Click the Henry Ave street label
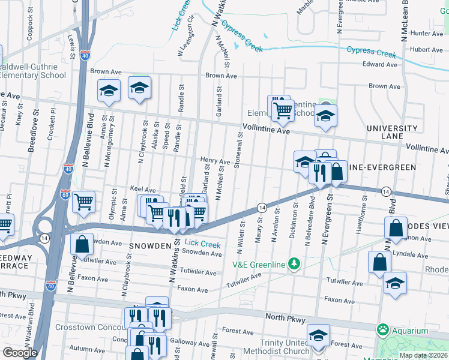tap(215, 161)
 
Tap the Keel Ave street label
tap(143, 189)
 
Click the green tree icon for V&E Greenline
tap(294, 263)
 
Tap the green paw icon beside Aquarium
tap(382, 330)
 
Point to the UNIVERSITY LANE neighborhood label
tap(392, 132)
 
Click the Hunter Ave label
tap(427, 34)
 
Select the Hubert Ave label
tap(427, 50)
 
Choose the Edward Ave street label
tap(380, 64)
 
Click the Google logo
tap(20, 352)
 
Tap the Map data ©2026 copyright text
tap(423, 355)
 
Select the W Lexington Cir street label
tap(185, 35)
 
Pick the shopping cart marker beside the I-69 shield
tap(83, 202)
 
